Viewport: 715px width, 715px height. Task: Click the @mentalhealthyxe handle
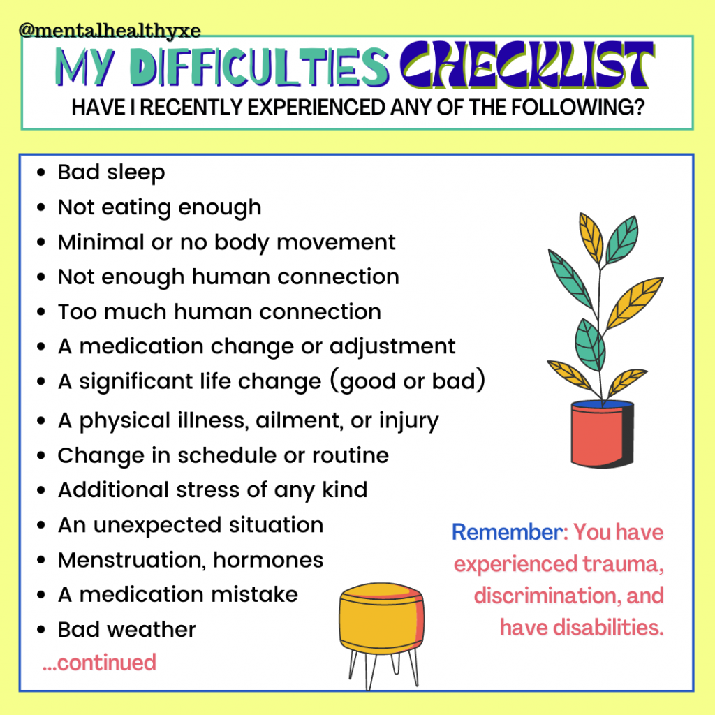coord(110,31)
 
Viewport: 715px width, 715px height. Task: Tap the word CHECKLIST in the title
coord(527,65)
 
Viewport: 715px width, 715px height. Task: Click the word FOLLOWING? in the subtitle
coord(577,108)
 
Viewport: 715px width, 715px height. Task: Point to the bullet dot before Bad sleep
coord(41,173)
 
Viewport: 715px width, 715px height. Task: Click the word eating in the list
coord(136,208)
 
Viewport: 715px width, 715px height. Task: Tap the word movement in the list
coord(336,242)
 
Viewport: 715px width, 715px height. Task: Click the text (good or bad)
coord(407,381)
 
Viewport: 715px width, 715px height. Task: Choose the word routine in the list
coord(351,455)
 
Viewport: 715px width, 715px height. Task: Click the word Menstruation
coord(133,560)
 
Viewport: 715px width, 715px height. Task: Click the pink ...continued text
coord(99,662)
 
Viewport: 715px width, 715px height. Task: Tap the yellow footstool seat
coord(382,616)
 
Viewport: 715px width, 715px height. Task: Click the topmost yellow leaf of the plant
coord(591,237)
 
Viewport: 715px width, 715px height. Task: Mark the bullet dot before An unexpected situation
coord(41,525)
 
